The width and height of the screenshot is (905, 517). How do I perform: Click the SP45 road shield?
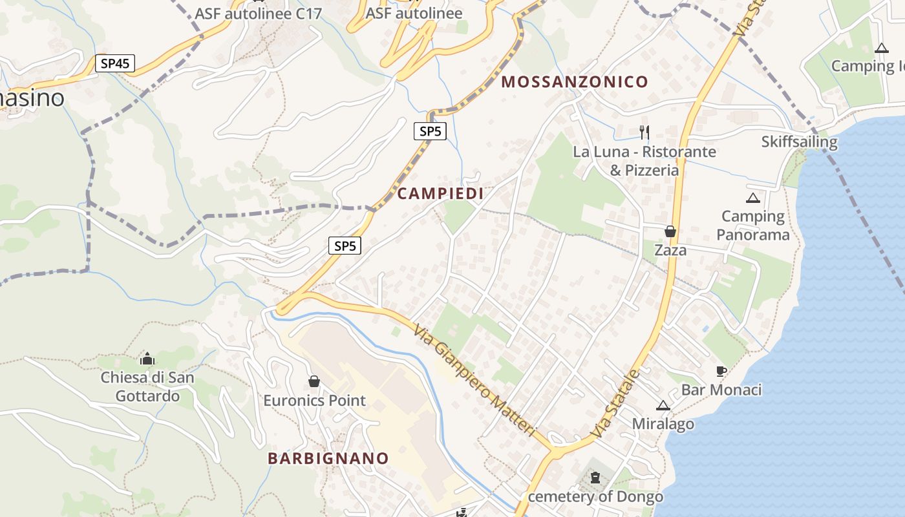(115, 63)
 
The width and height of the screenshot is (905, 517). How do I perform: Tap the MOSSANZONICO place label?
(575, 82)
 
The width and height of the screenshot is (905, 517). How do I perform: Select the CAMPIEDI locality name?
(440, 194)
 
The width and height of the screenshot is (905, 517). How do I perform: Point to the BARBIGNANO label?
(328, 459)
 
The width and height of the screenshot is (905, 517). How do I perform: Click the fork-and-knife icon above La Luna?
(644, 132)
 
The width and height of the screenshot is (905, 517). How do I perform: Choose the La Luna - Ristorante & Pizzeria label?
(644, 161)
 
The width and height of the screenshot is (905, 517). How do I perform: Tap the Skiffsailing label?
(799, 142)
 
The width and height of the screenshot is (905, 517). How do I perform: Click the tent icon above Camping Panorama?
(752, 198)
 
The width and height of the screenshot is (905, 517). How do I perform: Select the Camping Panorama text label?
(753, 226)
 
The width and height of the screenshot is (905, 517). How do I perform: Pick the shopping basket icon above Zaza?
(670, 231)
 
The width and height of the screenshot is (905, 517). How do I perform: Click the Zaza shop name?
(670, 250)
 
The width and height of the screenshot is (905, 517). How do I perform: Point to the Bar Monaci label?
(721, 390)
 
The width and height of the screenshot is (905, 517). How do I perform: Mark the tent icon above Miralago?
(663, 405)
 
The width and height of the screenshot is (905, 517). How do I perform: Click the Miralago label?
(663, 425)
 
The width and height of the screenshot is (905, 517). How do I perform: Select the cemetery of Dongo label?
(595, 497)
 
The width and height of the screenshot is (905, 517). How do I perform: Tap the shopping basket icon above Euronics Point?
(314, 381)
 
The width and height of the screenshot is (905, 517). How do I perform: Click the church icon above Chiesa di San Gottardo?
(147, 358)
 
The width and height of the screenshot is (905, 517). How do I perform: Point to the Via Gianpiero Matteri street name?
(475, 380)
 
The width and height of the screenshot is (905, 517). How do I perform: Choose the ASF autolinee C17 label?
(259, 14)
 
